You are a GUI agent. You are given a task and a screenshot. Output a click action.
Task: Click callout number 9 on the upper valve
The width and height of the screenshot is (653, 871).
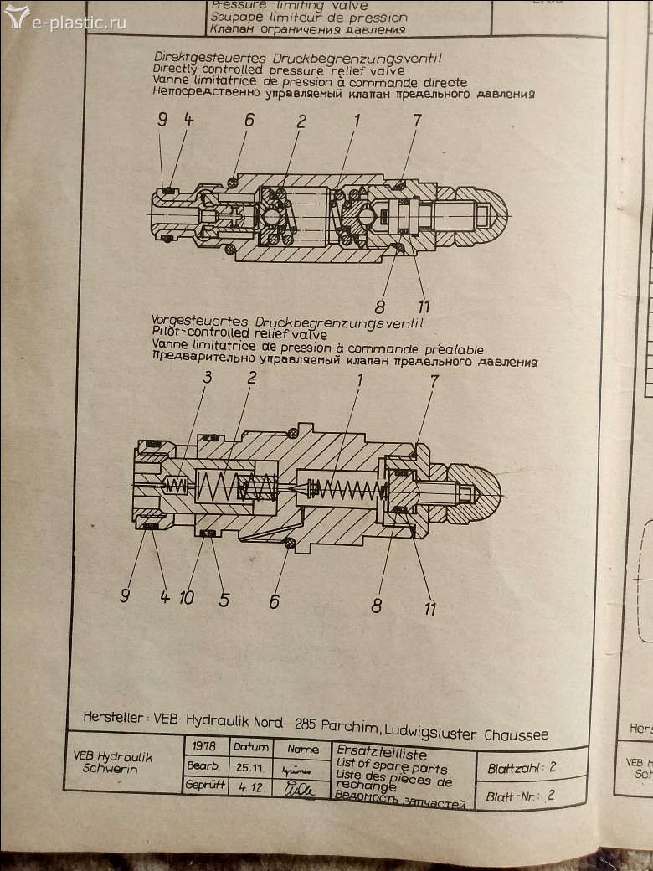coord(162,121)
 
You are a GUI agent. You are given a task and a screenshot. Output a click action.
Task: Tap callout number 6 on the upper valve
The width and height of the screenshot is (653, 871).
coord(249,121)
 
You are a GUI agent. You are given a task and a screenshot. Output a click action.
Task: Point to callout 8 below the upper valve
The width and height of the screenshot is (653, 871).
coord(379,306)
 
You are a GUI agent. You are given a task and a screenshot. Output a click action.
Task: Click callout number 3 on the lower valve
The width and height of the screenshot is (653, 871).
coord(207,378)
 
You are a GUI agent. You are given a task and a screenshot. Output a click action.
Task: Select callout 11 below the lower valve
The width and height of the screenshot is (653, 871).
coord(429,609)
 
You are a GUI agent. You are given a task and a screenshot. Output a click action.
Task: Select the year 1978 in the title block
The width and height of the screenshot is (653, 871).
coord(205,746)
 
